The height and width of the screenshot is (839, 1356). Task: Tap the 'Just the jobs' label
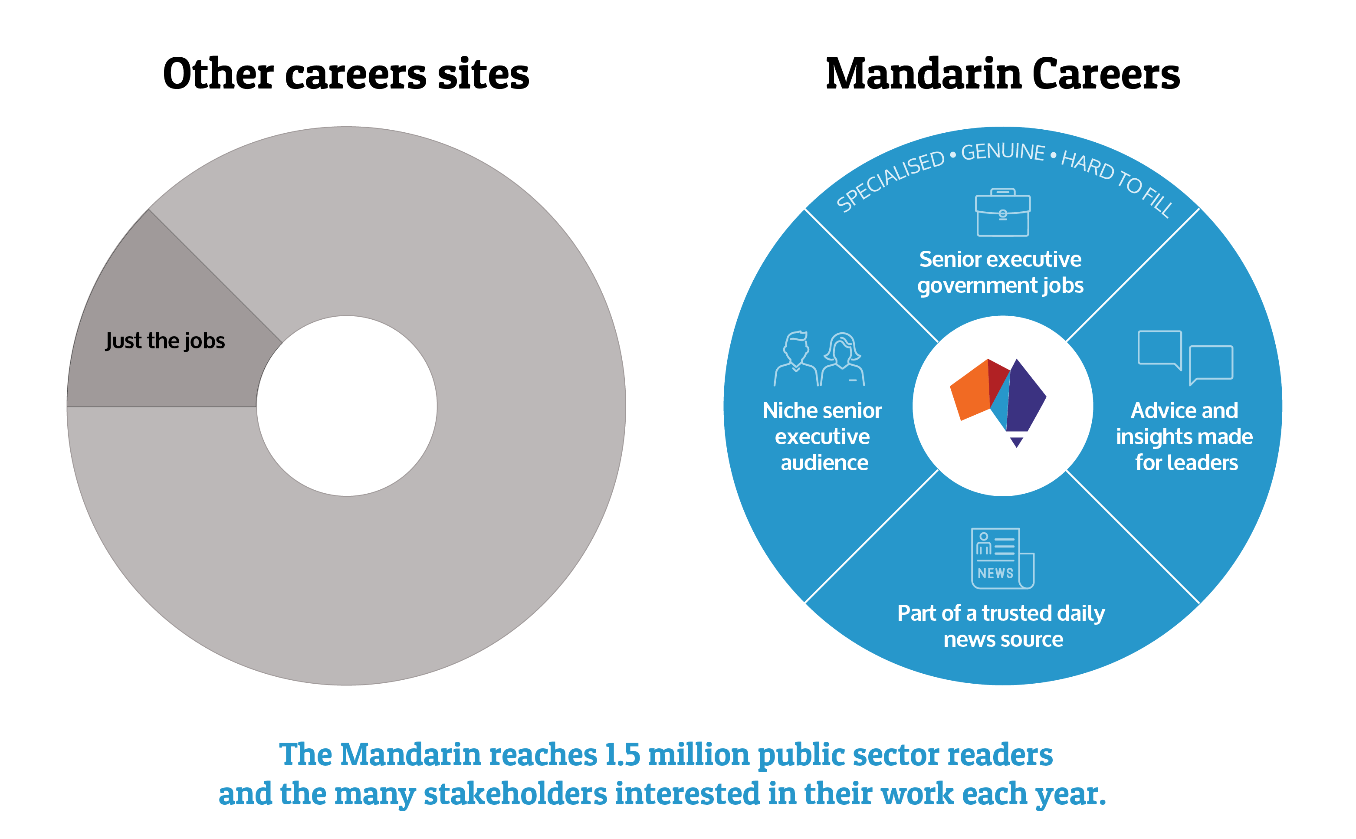pos(165,341)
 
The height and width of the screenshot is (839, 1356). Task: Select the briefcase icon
pos(1002,212)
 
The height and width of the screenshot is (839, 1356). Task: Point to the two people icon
pos(819,358)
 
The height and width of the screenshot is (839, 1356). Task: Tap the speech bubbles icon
pos(1185,357)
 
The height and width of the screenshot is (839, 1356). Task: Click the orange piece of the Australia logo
pos(970,390)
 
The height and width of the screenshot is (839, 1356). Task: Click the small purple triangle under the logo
pos(1016,442)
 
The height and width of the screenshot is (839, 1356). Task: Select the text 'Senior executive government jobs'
pos(1000,272)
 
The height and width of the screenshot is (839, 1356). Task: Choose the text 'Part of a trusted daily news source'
pos(1001,626)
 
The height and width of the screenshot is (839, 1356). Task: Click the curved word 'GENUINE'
pos(1002,151)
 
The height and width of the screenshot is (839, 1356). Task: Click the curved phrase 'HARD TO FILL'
pos(1117,183)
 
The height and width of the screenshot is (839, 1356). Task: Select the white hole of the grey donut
pos(346,406)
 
